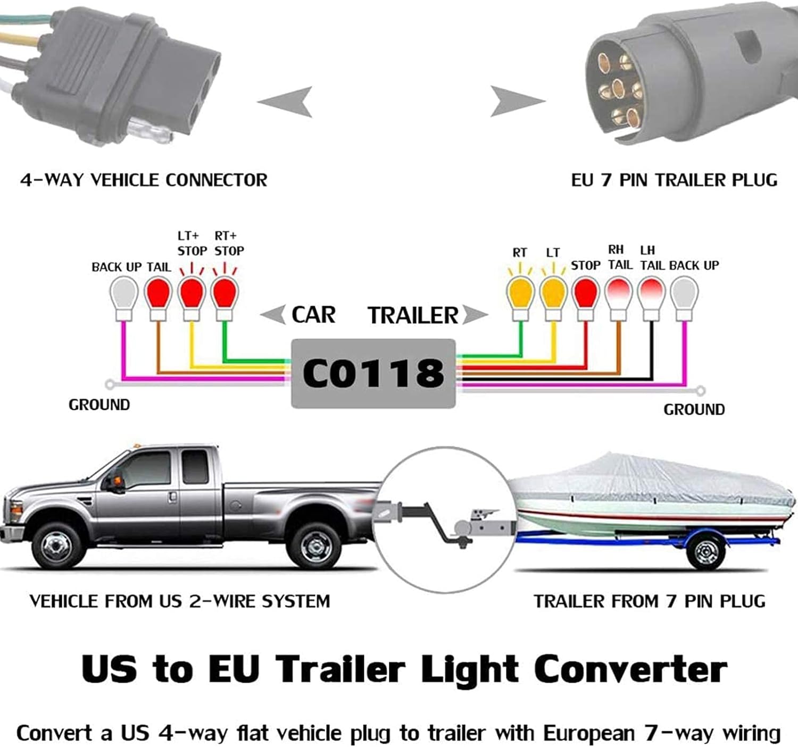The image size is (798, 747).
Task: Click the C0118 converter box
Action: (373, 373)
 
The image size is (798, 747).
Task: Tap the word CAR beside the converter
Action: (313, 314)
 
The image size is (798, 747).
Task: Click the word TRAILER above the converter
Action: (413, 315)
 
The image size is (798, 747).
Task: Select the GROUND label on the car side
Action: (99, 405)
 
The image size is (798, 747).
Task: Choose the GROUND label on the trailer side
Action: (694, 409)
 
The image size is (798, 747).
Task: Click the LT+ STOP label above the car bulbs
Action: (192, 244)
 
